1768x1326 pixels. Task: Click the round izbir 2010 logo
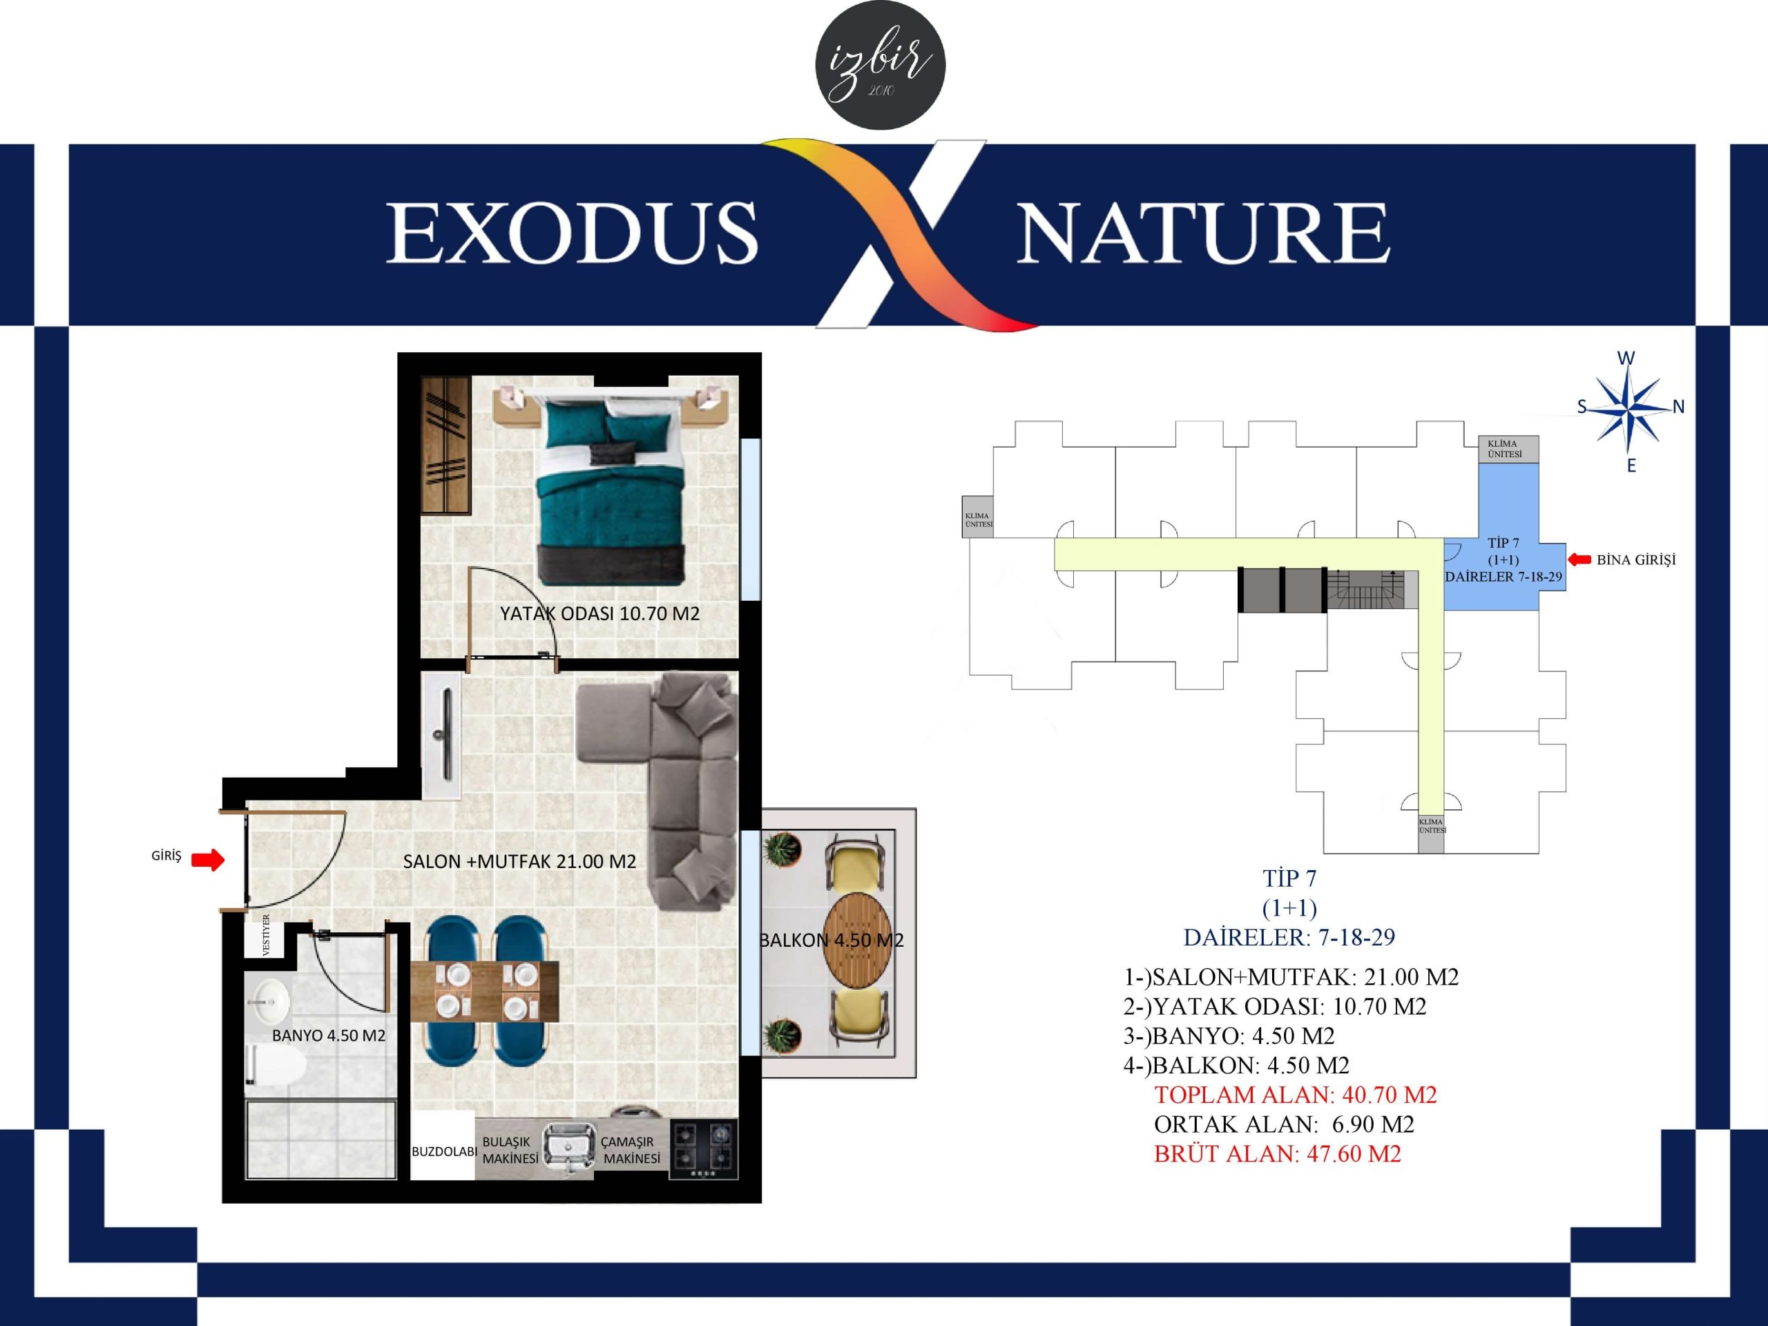coord(880,65)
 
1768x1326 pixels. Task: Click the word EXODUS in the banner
coord(573,233)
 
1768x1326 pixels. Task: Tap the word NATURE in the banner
coord(1203,233)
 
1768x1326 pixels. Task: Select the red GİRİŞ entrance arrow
coord(208,860)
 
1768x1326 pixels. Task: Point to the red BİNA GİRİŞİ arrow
coord(1579,559)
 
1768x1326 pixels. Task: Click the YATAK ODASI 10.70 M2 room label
coord(599,614)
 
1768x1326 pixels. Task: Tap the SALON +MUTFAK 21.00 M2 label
coord(519,862)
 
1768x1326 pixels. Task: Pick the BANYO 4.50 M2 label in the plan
coord(329,1036)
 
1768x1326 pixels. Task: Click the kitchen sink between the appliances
coord(568,1149)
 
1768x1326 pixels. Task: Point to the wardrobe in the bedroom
coord(446,446)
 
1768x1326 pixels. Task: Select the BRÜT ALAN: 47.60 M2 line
coord(1277,1154)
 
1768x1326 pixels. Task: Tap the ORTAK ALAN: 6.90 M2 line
coord(1284,1124)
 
